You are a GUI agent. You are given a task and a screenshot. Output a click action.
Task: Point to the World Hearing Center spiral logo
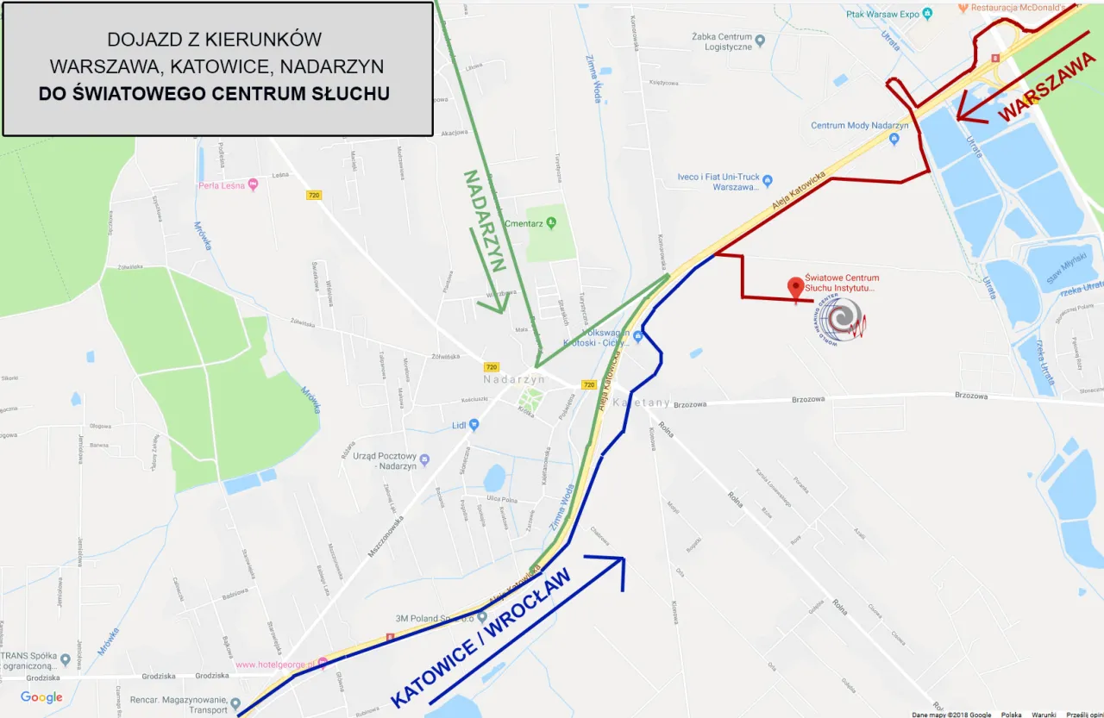point(837,319)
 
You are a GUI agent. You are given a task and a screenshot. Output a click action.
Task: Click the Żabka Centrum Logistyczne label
point(723,41)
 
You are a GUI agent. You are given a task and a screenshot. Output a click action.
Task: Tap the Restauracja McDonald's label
point(1019,8)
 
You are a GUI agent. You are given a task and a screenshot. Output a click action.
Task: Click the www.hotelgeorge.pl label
point(275,664)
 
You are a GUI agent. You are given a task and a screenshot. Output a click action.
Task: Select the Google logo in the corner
point(41,697)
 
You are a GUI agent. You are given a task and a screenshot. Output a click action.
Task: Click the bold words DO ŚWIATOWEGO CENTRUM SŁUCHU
point(214,93)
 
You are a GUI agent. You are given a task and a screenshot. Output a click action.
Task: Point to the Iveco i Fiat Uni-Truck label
point(718,182)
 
